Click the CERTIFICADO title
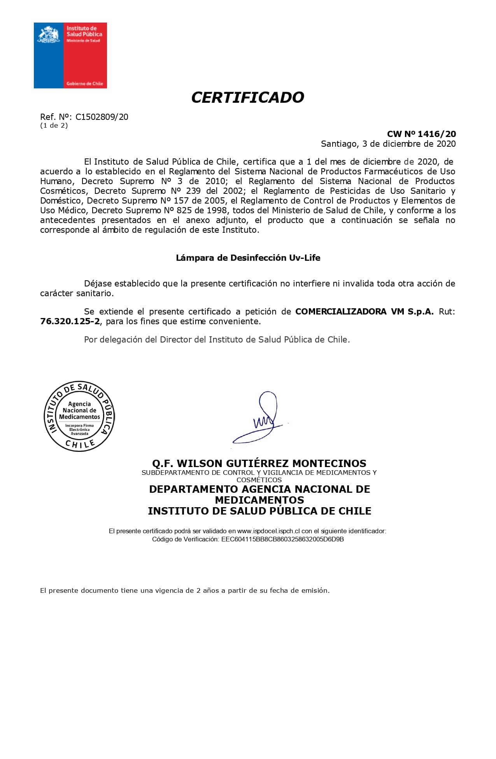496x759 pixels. [x=247, y=97]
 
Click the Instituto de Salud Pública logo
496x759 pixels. [x=70, y=55]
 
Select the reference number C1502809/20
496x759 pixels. [x=102, y=117]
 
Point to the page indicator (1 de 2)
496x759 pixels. [x=54, y=125]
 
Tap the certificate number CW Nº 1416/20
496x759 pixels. [x=421, y=134]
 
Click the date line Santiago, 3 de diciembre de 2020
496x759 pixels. [x=388, y=144]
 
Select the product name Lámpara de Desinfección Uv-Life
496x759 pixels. [x=248, y=258]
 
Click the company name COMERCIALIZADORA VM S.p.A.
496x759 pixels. [x=364, y=311]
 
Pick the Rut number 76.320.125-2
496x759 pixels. [x=70, y=321]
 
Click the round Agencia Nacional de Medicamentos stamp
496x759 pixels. [x=79, y=416]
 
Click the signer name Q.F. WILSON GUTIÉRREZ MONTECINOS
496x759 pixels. [x=259, y=463]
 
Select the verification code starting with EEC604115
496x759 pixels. [x=282, y=539]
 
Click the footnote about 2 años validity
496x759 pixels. [x=185, y=590]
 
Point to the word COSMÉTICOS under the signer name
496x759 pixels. [x=259, y=480]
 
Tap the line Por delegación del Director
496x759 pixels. [x=217, y=339]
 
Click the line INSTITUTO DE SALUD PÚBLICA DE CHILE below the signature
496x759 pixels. [x=259, y=511]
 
